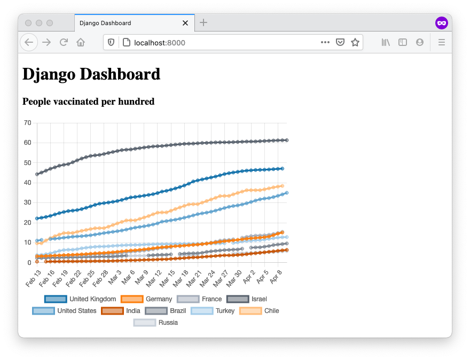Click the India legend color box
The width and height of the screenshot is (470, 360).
(112, 311)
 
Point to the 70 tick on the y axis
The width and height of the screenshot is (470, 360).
(27, 123)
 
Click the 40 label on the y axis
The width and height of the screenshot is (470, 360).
(27, 183)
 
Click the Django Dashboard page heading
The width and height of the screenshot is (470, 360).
(91, 74)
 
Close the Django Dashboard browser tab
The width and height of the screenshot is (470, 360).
(185, 23)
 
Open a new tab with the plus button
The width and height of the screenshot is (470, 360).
(203, 23)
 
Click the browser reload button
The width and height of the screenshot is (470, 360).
(64, 42)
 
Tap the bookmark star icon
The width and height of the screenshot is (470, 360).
(355, 42)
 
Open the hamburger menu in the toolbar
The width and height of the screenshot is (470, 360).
(442, 42)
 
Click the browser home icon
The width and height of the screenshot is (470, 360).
(81, 42)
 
